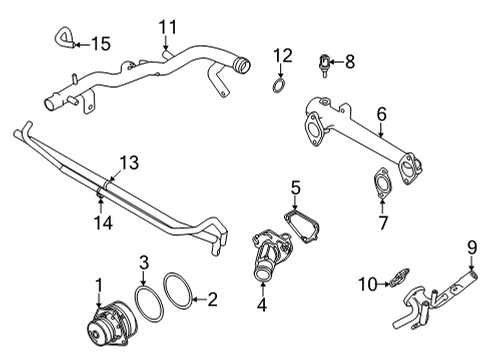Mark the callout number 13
(x=127, y=162)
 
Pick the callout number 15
(x=100, y=43)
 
